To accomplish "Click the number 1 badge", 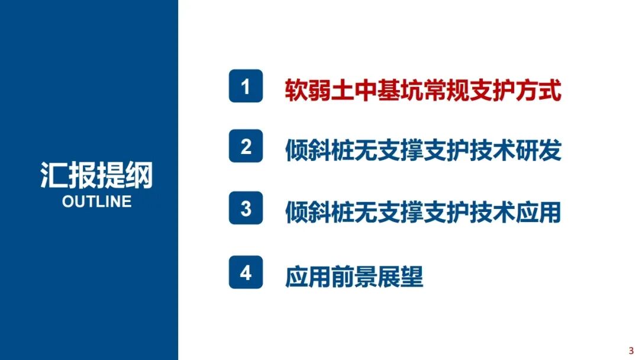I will tap(246, 87).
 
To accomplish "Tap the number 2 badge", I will tap(246, 146).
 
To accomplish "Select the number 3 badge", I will tap(246, 210).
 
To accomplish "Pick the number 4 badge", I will tap(246, 273).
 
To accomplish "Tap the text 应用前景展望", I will tap(354, 276).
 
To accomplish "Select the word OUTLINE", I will tap(96, 201).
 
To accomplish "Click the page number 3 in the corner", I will tap(631, 351).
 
